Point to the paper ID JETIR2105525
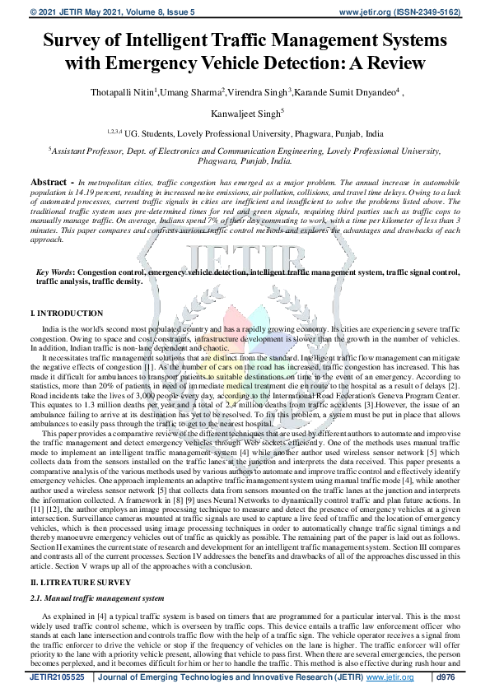(x=57, y=677)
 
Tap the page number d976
(x=446, y=677)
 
